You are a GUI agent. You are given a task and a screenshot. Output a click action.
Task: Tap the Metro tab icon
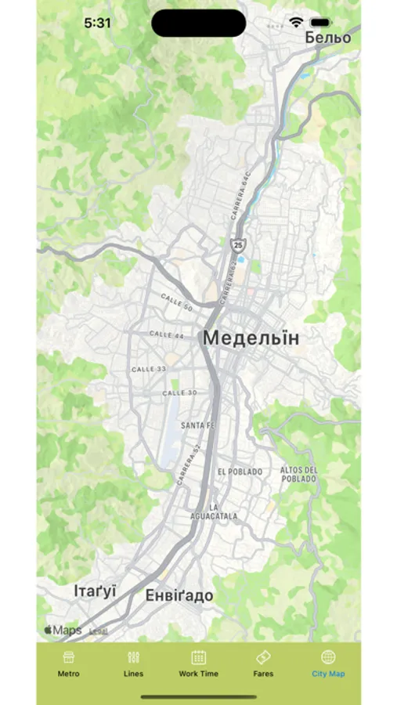click(68, 657)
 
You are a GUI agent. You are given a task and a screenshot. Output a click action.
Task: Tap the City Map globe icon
click(328, 657)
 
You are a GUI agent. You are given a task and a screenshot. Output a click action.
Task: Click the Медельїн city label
click(251, 338)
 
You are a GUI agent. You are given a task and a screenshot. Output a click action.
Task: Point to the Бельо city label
click(328, 37)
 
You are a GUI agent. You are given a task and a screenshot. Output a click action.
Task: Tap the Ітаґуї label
click(95, 591)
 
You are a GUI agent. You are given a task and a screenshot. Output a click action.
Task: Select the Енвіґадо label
click(179, 596)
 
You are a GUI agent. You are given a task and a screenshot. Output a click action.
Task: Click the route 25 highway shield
click(237, 244)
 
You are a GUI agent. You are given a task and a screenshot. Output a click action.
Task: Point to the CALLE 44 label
click(168, 334)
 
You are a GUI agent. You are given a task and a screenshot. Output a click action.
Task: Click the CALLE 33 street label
click(149, 368)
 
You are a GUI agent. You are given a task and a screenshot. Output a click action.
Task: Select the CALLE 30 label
click(179, 392)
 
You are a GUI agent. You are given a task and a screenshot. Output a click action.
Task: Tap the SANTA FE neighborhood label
click(197, 425)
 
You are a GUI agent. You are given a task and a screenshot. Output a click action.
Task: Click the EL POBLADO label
click(240, 472)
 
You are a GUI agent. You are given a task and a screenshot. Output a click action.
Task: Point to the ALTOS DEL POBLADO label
click(298, 474)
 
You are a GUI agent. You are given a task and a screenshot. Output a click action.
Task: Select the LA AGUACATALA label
click(213, 512)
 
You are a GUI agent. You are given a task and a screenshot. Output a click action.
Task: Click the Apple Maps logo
click(63, 630)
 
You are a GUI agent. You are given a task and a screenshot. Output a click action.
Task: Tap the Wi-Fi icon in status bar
click(296, 23)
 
